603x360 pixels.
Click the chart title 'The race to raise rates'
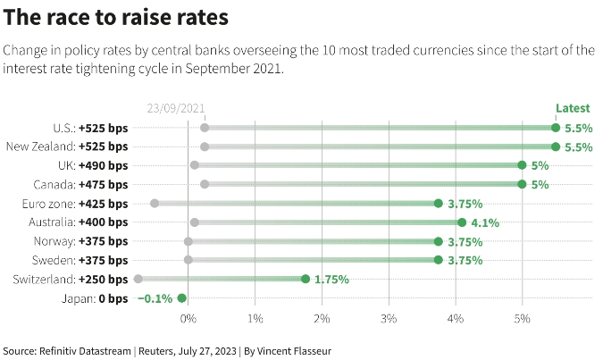click(x=116, y=17)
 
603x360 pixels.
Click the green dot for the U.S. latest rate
click(x=556, y=128)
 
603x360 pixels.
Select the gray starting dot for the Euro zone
click(x=155, y=204)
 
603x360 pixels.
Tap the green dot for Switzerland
click(x=305, y=279)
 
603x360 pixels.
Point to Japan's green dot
click(x=181, y=298)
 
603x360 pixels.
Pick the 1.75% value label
click(x=331, y=279)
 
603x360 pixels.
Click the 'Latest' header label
click(x=573, y=108)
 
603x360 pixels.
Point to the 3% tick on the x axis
click(x=389, y=318)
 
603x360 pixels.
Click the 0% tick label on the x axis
click(x=188, y=318)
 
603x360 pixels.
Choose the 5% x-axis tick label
click(x=523, y=318)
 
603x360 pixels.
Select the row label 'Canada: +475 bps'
click(x=83, y=185)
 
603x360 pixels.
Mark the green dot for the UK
click(x=522, y=165)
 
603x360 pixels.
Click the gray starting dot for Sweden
click(x=188, y=260)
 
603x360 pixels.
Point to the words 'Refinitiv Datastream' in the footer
click(x=86, y=350)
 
